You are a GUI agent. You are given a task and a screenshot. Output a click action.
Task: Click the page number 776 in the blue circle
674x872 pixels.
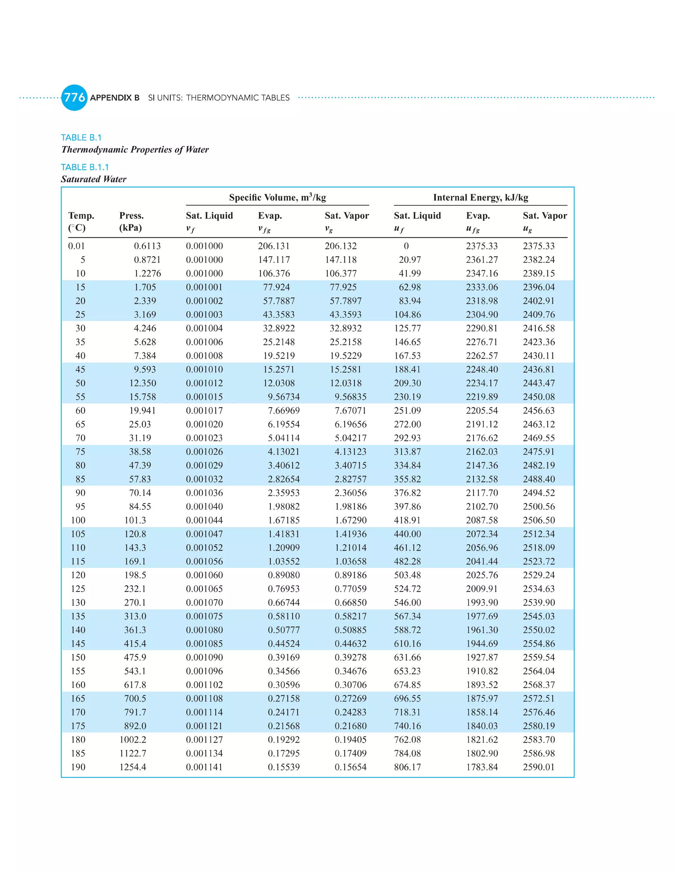point(74,97)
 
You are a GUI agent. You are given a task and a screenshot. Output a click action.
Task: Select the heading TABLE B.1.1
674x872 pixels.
point(85,167)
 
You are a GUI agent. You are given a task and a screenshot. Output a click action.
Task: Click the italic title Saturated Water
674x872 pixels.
point(93,179)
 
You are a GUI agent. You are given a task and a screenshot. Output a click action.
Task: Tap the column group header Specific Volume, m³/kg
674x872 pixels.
point(277,197)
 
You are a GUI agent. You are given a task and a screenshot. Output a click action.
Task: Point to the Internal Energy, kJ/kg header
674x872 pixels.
point(480,197)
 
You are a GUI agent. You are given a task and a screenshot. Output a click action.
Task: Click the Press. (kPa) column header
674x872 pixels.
point(131,221)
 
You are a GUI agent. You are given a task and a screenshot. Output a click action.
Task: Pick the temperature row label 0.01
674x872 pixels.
point(76,246)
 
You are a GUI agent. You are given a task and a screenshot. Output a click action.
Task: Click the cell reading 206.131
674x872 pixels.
point(273,246)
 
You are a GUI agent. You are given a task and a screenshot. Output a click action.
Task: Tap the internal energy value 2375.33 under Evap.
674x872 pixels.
point(481,246)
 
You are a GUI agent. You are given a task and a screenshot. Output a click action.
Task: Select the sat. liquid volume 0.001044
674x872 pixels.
point(204,520)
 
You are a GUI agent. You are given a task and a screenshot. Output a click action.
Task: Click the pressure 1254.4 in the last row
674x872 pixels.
point(133,767)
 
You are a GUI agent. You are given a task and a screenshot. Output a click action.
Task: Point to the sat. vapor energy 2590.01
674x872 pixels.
point(539,767)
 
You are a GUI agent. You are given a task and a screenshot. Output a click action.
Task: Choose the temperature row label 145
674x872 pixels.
point(78,643)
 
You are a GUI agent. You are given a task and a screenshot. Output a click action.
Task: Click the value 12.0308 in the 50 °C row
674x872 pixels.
point(279,383)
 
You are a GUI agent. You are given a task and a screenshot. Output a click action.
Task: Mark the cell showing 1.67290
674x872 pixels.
point(350,520)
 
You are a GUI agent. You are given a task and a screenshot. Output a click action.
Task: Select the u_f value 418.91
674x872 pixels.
point(407,520)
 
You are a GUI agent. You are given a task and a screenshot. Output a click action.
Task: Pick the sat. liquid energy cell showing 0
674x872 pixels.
point(406,246)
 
